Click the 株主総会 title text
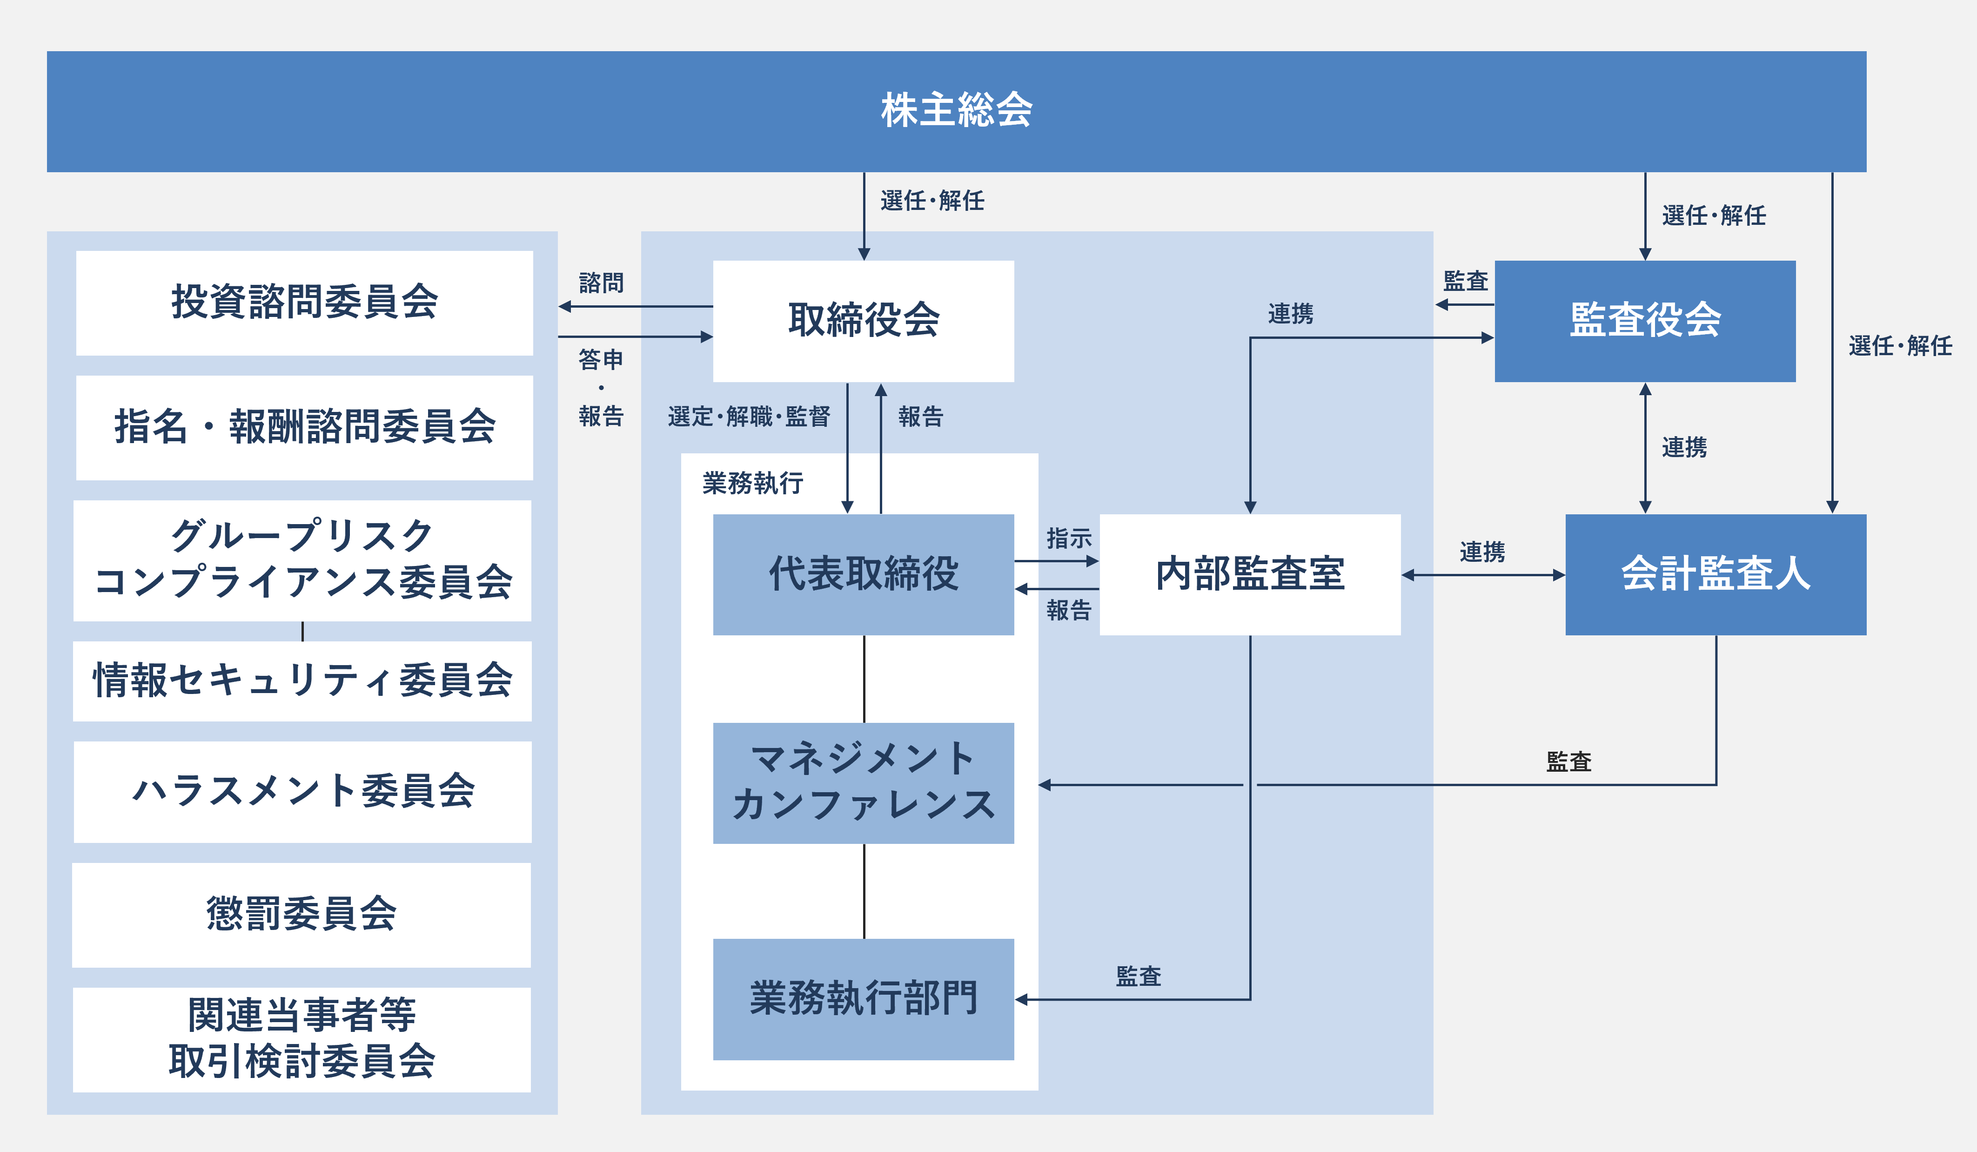tap(956, 110)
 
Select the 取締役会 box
tap(863, 321)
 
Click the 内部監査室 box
tap(1250, 574)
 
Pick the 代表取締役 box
tap(863, 574)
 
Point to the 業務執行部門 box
tap(863, 999)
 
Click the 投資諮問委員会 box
tap(304, 303)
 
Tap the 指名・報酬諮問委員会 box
tap(304, 428)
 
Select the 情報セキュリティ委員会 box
tap(302, 681)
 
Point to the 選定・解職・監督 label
tap(749, 417)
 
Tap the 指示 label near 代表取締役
tap(1068, 539)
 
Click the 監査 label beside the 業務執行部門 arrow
tap(1139, 976)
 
